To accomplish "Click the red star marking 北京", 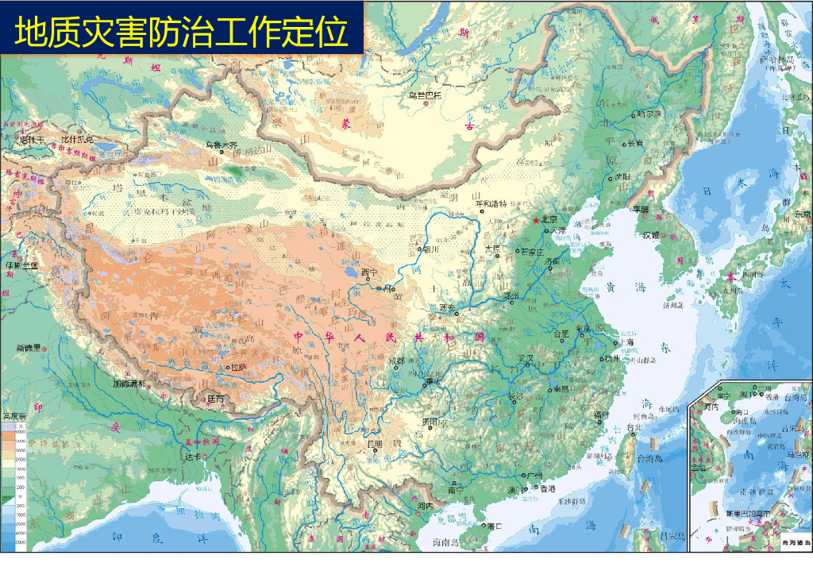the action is tap(537, 219).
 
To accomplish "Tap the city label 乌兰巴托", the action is tap(424, 95).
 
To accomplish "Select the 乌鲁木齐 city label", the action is tap(222, 145).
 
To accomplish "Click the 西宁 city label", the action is tap(370, 272).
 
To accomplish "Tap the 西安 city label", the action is tap(447, 307).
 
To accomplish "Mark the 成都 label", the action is tap(396, 361).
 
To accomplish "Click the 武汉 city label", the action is tap(525, 358).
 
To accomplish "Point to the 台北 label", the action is tap(634, 427).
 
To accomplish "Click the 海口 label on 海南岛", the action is tap(495, 526).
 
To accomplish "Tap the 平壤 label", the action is tap(641, 210).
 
